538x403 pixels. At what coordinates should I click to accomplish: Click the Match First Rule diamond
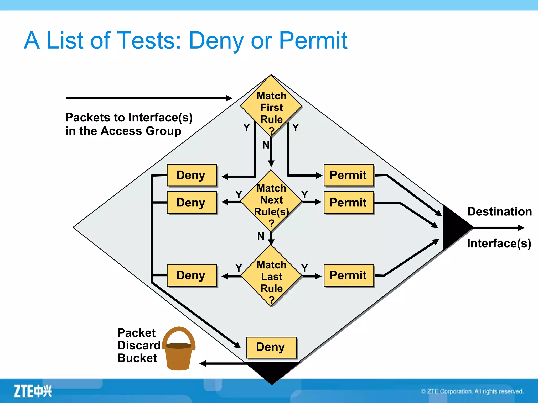point(271,106)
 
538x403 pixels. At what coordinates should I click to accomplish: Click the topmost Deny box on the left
point(192,175)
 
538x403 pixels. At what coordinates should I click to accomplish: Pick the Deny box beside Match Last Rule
point(192,275)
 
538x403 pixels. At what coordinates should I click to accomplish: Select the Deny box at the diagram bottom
point(271,347)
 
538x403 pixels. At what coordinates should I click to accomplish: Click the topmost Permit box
point(349,175)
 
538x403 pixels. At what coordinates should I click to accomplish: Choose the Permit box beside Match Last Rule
point(349,275)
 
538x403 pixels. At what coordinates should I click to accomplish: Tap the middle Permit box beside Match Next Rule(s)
point(349,203)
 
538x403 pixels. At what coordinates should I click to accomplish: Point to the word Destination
point(499,211)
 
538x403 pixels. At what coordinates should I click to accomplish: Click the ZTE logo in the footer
point(33,391)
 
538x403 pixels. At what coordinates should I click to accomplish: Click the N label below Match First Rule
point(266,145)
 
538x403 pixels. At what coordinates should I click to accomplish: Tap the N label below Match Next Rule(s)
point(261,236)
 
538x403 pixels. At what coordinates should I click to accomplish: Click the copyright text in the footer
point(472,391)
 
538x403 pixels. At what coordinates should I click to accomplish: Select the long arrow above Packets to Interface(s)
point(148,98)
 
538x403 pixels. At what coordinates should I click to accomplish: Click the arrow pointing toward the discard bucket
point(223,364)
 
